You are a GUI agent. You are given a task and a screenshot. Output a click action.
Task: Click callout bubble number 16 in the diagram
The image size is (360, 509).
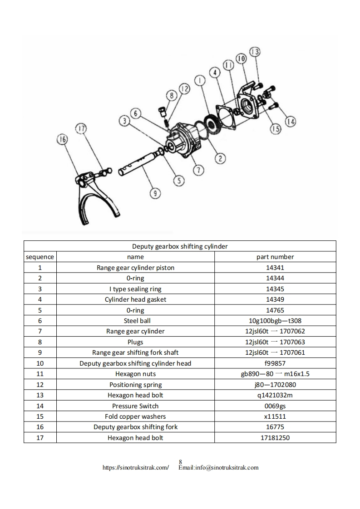coord(62,139)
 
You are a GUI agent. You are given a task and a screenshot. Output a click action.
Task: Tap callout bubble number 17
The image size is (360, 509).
coord(80,129)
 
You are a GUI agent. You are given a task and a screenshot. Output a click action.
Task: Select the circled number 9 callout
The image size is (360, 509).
coord(155,194)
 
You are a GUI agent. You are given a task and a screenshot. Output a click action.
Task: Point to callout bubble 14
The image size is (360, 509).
coord(291,121)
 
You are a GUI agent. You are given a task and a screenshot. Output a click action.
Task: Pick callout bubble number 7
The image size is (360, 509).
coord(198,170)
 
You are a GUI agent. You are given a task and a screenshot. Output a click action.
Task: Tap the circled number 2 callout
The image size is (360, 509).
coord(220,158)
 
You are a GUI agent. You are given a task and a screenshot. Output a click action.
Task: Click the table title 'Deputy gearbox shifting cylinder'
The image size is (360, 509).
coord(180,246)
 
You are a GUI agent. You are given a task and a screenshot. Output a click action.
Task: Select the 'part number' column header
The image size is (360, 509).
coord(275,257)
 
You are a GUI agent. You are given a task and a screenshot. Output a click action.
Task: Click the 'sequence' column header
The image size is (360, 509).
coord(40,257)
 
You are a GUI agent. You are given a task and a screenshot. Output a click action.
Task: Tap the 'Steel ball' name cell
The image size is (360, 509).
coord(135,321)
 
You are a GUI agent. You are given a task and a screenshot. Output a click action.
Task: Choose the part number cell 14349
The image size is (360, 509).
coord(275,299)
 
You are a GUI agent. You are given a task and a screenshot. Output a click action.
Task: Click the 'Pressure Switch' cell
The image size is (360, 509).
coord(135,406)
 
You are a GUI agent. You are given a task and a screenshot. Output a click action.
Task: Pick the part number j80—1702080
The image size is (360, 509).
coord(275,385)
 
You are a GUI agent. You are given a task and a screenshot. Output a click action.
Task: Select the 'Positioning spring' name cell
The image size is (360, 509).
coord(135,385)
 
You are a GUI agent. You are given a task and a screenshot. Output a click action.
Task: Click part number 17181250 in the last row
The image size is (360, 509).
coord(275,438)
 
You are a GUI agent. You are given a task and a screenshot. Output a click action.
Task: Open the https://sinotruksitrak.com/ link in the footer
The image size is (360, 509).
coord(136,467)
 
